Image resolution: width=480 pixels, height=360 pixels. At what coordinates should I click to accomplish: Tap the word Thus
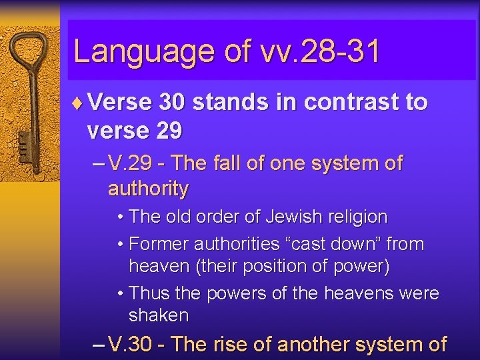point(150,293)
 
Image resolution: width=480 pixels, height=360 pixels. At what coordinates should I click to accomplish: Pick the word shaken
point(159,315)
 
